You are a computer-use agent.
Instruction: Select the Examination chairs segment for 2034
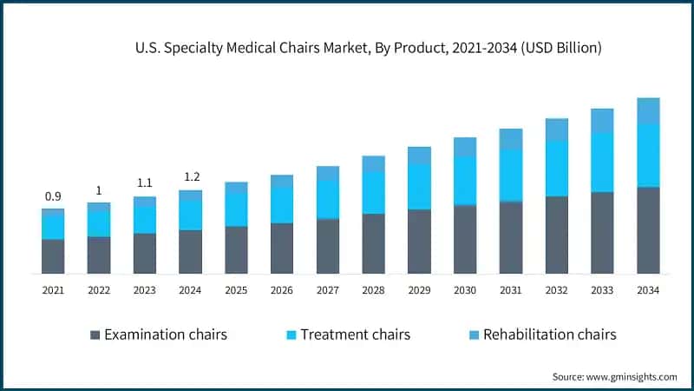648,229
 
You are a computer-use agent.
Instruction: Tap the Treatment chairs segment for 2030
465,180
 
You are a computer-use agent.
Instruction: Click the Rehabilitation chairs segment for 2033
602,121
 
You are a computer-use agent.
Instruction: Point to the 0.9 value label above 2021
53,196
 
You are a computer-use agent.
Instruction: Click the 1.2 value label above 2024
190,177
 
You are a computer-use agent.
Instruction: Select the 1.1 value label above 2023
145,183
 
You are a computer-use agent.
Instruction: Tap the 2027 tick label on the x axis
327,290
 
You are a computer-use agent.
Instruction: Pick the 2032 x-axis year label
556,290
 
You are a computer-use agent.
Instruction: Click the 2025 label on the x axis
236,290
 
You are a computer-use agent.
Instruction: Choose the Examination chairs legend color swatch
95,335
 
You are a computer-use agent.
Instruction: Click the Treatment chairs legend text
355,335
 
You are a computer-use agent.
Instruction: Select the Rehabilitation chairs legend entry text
549,335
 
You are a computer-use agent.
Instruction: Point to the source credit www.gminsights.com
614,376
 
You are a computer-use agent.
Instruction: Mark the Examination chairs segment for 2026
282,248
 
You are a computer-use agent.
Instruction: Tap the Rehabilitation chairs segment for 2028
373,163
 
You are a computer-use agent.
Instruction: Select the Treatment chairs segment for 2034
648,155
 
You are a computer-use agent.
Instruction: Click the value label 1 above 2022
99,190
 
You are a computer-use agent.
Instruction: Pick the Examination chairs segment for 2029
419,241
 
